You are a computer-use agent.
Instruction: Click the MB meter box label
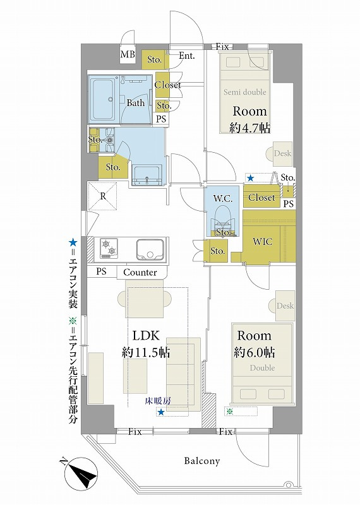coord(128,54)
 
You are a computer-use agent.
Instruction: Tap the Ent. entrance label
coord(187,56)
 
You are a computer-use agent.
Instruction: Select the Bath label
coord(135,103)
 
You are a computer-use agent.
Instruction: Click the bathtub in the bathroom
coord(101,100)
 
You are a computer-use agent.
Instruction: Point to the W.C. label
coord(222,198)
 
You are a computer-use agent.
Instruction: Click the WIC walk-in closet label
coord(262,241)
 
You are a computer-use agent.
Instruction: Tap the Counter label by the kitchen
coord(140,273)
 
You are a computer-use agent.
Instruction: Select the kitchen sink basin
coord(150,249)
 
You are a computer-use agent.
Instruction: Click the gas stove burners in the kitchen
coord(108,247)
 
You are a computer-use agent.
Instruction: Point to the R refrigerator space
coord(103,196)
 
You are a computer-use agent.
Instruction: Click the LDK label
coord(146,336)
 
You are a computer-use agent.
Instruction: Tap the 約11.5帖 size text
coord(146,353)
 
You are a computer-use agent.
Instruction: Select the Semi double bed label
coord(245,92)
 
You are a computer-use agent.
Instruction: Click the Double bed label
coord(262,367)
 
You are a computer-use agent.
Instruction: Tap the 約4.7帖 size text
coord(249,128)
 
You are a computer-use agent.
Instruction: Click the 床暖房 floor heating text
coord(158,401)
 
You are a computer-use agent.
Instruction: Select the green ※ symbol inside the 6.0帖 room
coord(229,412)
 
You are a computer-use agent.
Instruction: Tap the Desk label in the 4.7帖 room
coord(283,153)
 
